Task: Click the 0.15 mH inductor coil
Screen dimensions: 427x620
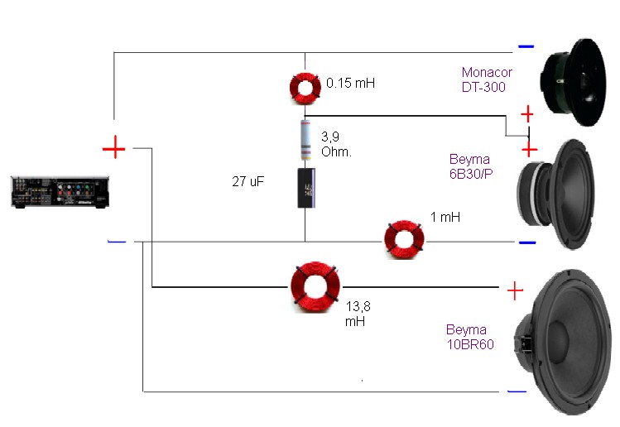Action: point(304,87)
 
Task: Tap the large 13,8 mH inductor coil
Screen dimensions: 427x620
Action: point(314,285)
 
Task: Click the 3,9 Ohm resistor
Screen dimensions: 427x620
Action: point(305,138)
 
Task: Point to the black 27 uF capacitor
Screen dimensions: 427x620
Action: point(306,188)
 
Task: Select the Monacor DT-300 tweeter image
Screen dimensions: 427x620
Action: point(577,82)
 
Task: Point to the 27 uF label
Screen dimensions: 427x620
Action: point(248,180)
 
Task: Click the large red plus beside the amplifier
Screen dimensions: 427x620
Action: point(113,149)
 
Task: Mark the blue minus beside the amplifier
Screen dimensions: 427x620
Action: point(117,242)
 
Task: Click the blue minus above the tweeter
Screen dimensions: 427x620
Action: point(526,46)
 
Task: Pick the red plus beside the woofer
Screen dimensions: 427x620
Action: point(515,290)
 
